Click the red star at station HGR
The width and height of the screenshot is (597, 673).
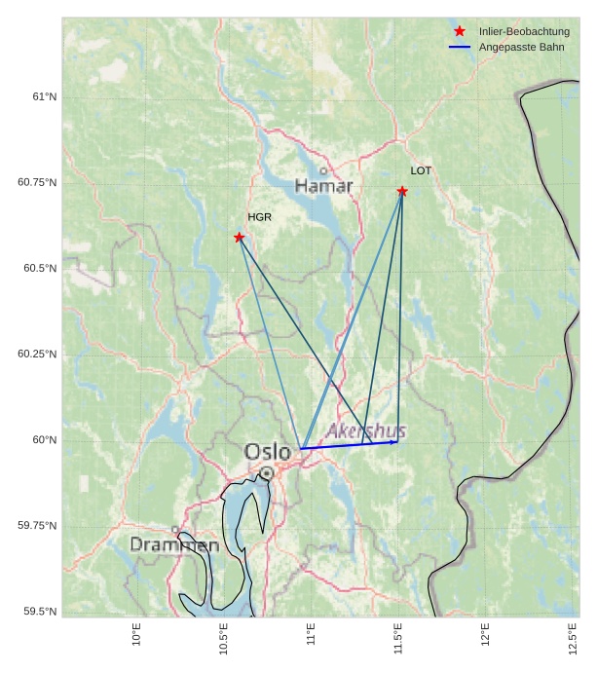pyautogui.click(x=240, y=238)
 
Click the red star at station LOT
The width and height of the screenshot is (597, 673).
pyautogui.click(x=402, y=191)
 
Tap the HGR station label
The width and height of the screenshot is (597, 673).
pyautogui.click(x=259, y=217)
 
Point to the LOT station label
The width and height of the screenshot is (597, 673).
pyautogui.click(x=421, y=170)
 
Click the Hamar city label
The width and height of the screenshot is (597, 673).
pyautogui.click(x=323, y=185)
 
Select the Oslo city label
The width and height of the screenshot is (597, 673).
pyautogui.click(x=267, y=452)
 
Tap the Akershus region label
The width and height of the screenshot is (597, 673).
pyautogui.click(x=366, y=430)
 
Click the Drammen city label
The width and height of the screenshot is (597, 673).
pyautogui.click(x=174, y=544)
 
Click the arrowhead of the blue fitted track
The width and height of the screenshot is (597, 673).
pyautogui.click(x=394, y=442)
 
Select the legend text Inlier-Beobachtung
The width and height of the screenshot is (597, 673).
pyautogui.click(x=524, y=31)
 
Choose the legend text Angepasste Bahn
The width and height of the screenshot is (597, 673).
pyautogui.click(x=521, y=47)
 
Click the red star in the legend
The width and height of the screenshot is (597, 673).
pyautogui.click(x=460, y=31)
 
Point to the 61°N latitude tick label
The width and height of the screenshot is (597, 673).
pyautogui.click(x=44, y=96)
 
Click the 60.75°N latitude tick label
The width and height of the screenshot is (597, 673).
pyautogui.click(x=37, y=182)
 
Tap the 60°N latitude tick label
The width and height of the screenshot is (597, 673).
pyautogui.click(x=44, y=439)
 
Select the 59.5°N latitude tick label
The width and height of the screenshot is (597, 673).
pyautogui.click(x=37, y=611)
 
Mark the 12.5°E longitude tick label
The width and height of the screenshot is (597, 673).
pyautogui.click(x=573, y=639)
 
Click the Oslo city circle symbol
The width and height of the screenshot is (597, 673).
pyautogui.click(x=267, y=473)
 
